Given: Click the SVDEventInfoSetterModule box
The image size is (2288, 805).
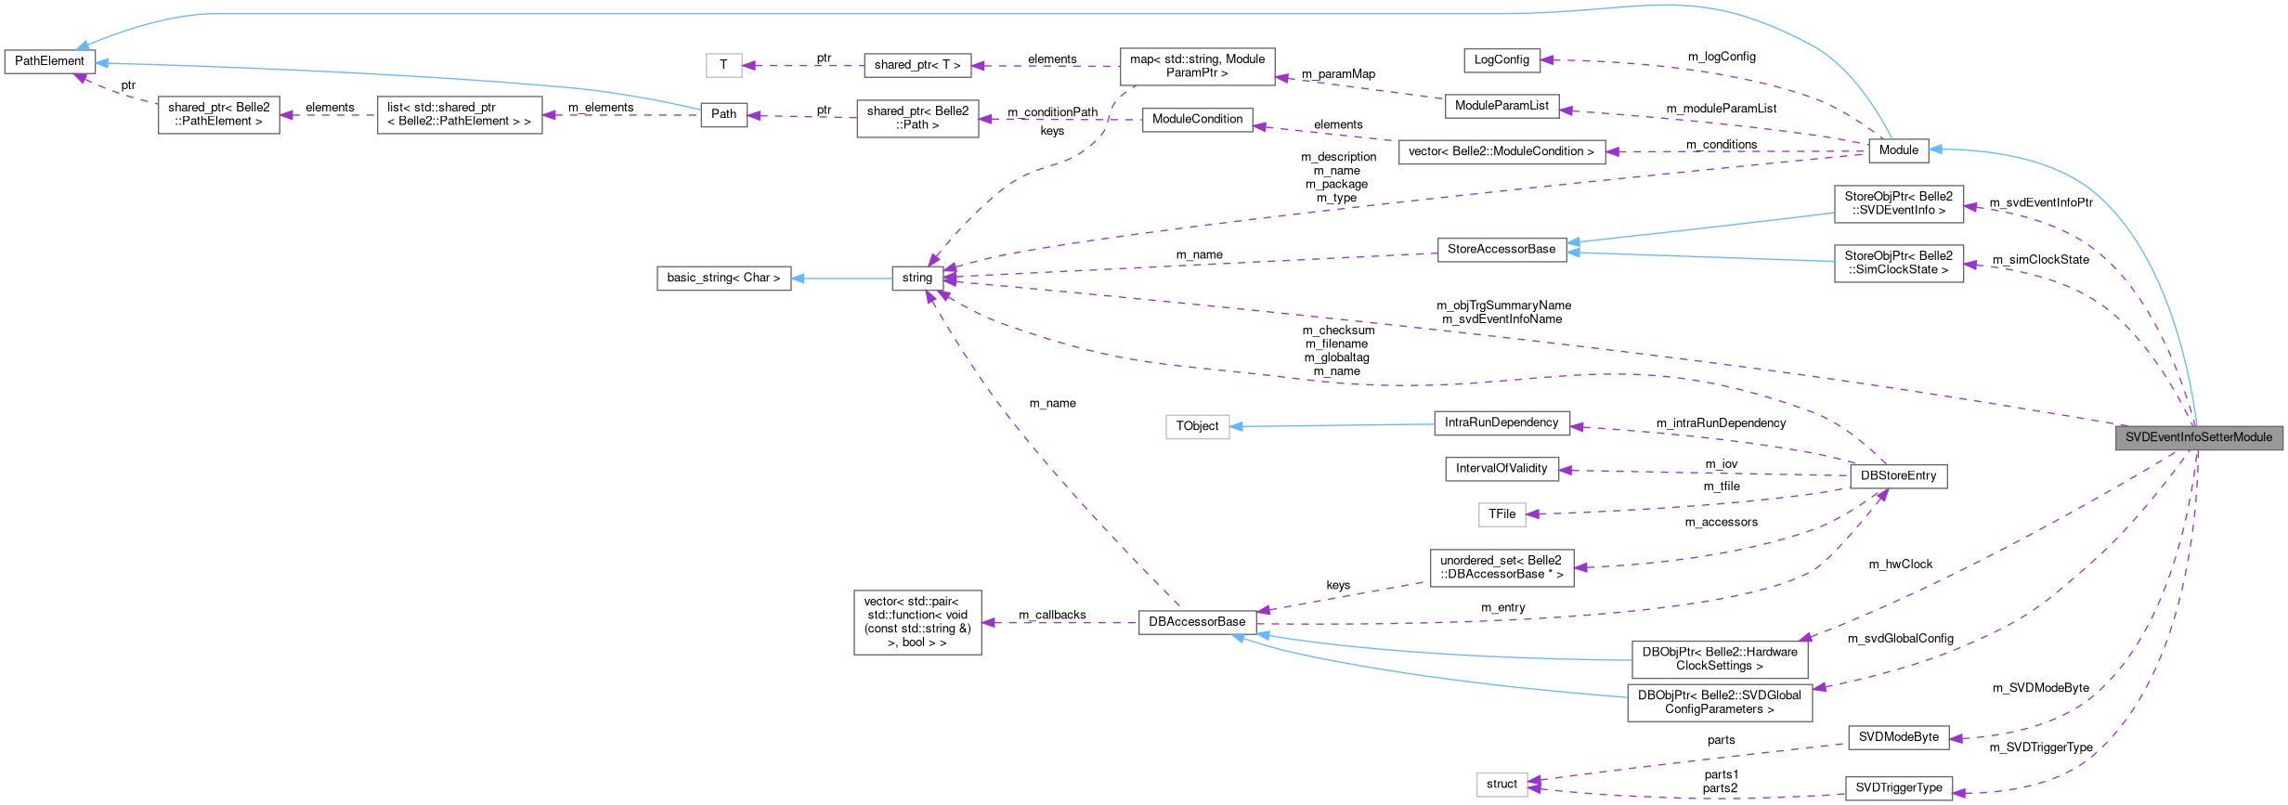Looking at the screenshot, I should click(x=2198, y=437).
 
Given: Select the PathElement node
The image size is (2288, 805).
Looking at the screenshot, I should click(x=49, y=61).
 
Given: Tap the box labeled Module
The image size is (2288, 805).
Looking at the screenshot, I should click(x=1897, y=150).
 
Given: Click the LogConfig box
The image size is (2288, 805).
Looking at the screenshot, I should click(x=1501, y=59).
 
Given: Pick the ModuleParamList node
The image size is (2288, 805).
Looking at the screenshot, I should click(x=1501, y=106).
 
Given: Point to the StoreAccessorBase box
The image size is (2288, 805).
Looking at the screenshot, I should click(x=1501, y=249).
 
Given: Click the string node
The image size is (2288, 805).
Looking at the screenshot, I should click(x=916, y=278).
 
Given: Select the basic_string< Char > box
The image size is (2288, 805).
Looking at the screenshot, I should click(x=723, y=278).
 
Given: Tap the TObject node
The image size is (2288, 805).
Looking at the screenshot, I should click(x=1196, y=426).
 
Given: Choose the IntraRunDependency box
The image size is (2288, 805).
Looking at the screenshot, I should click(x=1501, y=422).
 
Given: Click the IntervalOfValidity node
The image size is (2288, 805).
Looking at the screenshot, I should click(x=1501, y=468).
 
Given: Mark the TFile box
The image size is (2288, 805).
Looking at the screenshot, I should click(x=1501, y=513).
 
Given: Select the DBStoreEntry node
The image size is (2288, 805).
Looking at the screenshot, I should click(x=1897, y=475).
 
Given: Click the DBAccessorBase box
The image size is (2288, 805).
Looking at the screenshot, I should click(x=1196, y=622).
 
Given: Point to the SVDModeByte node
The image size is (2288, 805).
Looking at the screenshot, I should click(x=1897, y=737).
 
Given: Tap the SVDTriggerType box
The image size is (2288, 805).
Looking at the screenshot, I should click(x=1897, y=787).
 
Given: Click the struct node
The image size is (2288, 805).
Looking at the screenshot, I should click(x=1501, y=784).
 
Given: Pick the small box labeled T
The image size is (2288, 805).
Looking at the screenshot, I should click(x=723, y=65).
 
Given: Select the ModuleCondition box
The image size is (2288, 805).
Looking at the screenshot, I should click(x=1196, y=119).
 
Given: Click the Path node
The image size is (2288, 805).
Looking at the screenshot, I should click(x=723, y=114).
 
